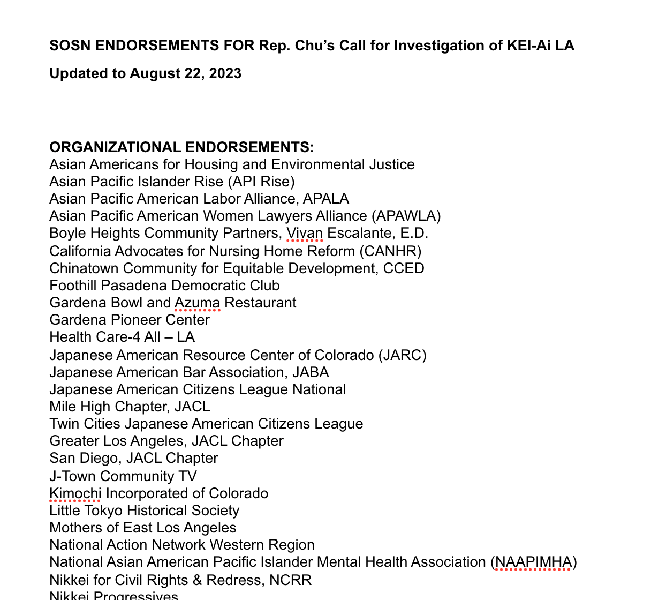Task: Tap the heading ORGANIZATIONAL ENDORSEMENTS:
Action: pyautogui.click(x=181, y=147)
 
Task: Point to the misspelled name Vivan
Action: pyautogui.click(x=305, y=233)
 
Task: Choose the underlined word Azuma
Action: pyautogui.click(x=197, y=303)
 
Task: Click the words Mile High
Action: pyautogui.click(x=82, y=407)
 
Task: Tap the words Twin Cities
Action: pyautogui.click(x=85, y=424)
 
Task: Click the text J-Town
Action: pyautogui.click(x=72, y=476)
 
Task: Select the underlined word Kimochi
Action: pyautogui.click(x=75, y=493)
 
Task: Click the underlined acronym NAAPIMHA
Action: pyautogui.click(x=533, y=562)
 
